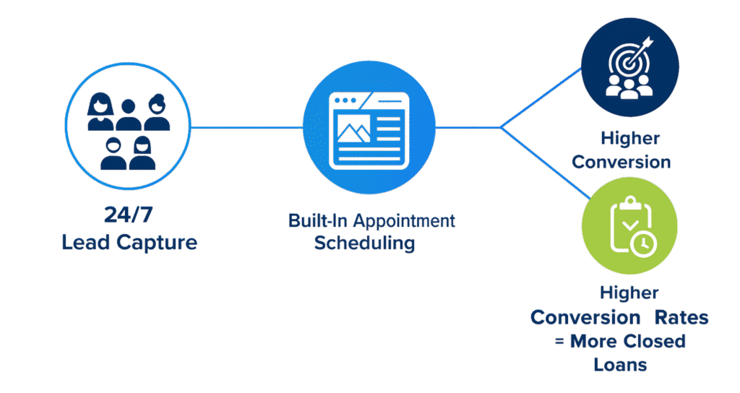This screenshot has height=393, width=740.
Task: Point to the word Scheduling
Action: coord(364,243)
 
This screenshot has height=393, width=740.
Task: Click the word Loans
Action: coord(620,364)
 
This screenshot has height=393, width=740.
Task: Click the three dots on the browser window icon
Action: coord(344,100)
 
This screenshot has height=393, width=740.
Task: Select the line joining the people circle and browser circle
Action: coord(246,128)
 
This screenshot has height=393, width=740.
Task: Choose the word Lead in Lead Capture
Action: coord(84,242)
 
